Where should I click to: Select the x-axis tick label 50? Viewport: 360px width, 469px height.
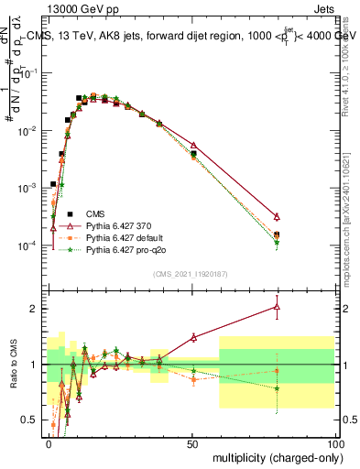pyautogui.click(x=192, y=443)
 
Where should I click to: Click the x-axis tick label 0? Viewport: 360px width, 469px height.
pyautogui.click(x=49, y=443)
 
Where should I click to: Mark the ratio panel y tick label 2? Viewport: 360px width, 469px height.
pyautogui.click(x=33, y=309)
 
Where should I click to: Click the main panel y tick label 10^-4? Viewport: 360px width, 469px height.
pyautogui.click(x=27, y=245)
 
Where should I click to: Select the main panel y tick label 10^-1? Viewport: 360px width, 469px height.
pyautogui.click(x=27, y=73)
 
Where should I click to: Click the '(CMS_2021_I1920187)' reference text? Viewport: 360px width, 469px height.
pyautogui.click(x=190, y=273)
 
